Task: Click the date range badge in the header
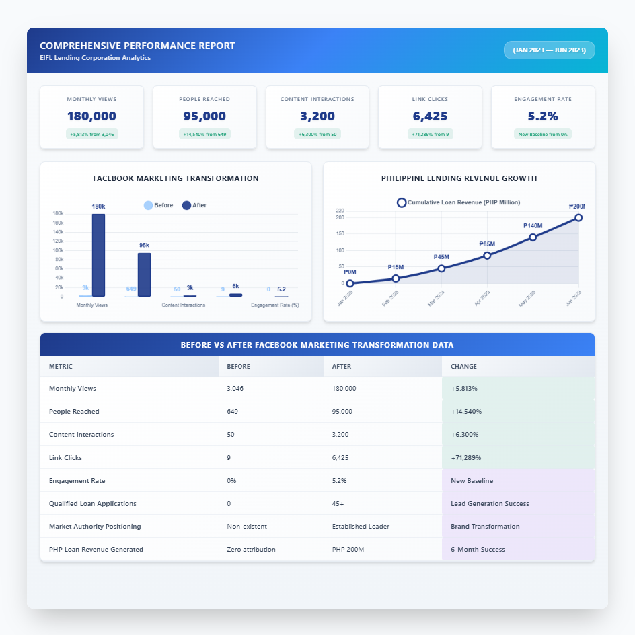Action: click(x=549, y=50)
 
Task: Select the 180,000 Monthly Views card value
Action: click(x=91, y=116)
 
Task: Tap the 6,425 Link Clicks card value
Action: click(x=430, y=116)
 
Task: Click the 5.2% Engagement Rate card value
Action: click(x=543, y=116)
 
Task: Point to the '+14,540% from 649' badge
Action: click(x=204, y=134)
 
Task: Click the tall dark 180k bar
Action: click(x=98, y=255)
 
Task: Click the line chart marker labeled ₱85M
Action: click(x=487, y=256)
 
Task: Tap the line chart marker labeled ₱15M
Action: click(x=396, y=278)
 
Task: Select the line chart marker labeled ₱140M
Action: click(x=533, y=237)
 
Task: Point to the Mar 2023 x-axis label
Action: click(x=436, y=299)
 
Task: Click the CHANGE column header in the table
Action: click(x=464, y=367)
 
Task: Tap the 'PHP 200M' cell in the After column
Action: click(x=348, y=550)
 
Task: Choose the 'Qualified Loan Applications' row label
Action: click(x=93, y=503)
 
